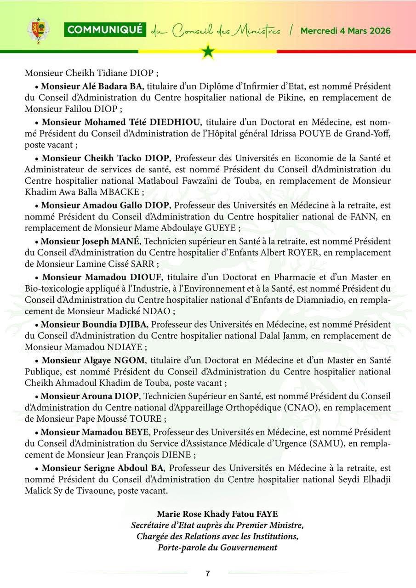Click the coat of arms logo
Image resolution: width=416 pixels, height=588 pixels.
pyautogui.click(x=38, y=31)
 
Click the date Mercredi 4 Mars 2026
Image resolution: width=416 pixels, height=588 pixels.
pyautogui.click(x=345, y=31)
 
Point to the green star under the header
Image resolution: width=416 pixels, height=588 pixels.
pyautogui.click(x=208, y=51)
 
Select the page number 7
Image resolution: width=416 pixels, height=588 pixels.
pyautogui.click(x=208, y=574)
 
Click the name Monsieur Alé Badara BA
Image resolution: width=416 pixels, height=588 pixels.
pyautogui.click(x=92, y=86)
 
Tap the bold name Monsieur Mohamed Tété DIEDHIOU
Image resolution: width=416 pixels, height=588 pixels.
pyautogui.click(x=121, y=122)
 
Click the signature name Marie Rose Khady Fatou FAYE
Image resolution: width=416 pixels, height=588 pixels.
pyautogui.click(x=217, y=514)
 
